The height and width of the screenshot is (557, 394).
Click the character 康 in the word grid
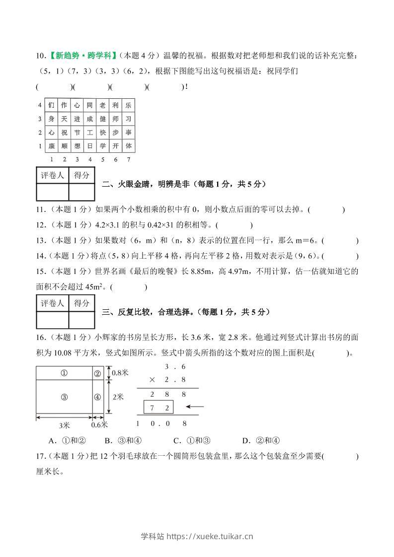(51, 146)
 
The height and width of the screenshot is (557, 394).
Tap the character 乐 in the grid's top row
(128, 105)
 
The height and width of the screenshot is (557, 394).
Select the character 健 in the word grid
(102, 119)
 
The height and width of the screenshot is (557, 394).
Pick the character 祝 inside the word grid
(64, 133)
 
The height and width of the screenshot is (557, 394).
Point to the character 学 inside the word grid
(102, 146)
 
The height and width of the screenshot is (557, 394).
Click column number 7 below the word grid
(128, 159)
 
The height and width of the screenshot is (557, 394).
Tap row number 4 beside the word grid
(39, 105)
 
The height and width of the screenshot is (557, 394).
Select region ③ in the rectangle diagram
(64, 397)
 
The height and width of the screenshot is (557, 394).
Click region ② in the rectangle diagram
(97, 374)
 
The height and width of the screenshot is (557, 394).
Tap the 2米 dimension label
(118, 397)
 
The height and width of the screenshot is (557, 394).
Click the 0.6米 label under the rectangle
(99, 425)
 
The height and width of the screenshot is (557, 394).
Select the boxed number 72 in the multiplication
(158, 408)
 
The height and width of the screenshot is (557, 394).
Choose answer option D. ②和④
(261, 440)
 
